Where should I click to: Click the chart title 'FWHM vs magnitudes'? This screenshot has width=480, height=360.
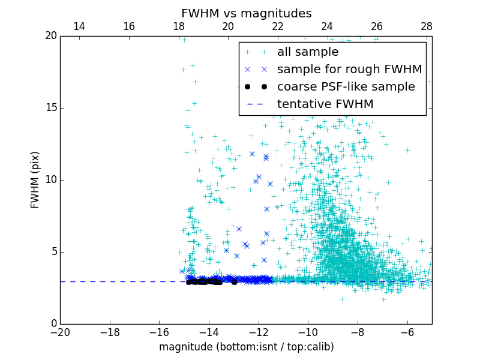[x=246, y=13]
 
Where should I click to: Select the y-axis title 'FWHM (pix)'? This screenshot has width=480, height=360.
[x=35, y=179]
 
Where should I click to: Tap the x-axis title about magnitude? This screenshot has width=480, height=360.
[x=246, y=347]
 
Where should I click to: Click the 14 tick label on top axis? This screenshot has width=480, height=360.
[x=79, y=26]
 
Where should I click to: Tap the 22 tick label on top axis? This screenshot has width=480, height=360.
[x=277, y=26]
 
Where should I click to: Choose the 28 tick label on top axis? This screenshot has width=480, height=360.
[x=427, y=26]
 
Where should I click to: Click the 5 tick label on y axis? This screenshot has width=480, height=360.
[x=53, y=252]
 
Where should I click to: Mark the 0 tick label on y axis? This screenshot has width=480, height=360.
[x=53, y=324]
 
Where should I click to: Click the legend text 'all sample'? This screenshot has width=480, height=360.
[x=308, y=52]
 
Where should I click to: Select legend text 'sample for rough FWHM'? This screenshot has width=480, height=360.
[x=349, y=70]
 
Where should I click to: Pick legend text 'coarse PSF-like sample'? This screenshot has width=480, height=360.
[x=346, y=87]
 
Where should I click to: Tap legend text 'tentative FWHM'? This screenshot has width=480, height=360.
[x=325, y=104]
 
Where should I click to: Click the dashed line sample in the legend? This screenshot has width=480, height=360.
[x=256, y=104]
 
